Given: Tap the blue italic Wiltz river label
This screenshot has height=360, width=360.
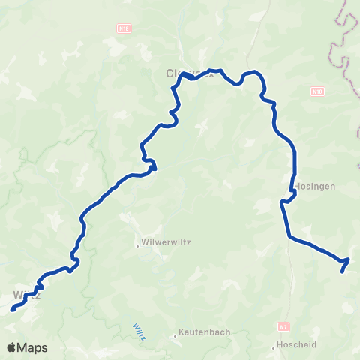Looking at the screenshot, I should (139, 331).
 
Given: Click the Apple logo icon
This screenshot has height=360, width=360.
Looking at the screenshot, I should (12, 347).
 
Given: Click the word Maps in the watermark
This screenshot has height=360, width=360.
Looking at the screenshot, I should (33, 347).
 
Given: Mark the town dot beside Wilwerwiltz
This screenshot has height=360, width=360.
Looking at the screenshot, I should (137, 244).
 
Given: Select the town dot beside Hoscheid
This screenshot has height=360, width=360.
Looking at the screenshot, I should (274, 346).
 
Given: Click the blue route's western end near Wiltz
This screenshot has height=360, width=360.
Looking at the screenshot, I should (13, 308).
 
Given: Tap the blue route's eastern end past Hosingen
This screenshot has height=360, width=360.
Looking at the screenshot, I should (343, 270).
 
